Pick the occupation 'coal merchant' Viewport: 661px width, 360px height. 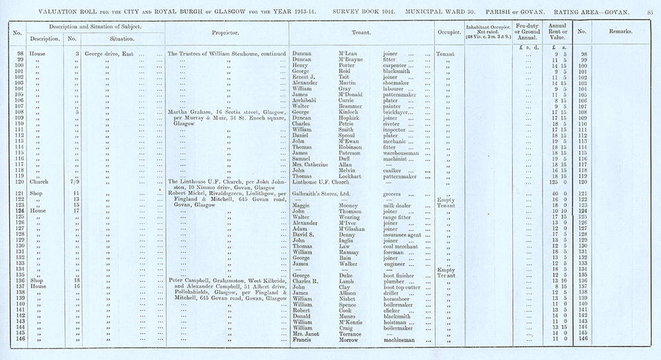coord(403,246)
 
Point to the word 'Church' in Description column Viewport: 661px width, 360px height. coord(40,182)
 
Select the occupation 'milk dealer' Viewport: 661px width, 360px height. coord(400,205)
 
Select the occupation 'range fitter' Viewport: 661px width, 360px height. coord(399,217)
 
